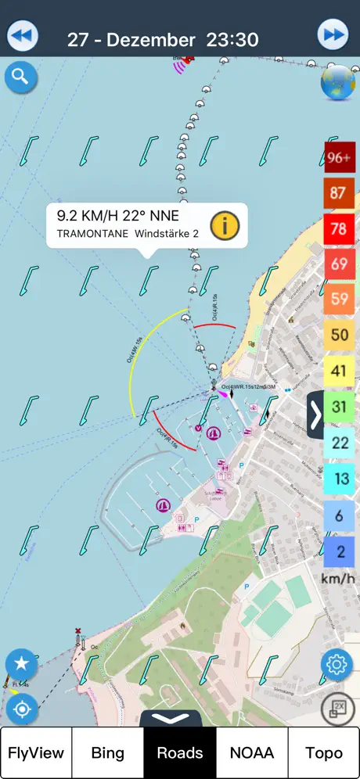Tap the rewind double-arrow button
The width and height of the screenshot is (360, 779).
pos(23,36)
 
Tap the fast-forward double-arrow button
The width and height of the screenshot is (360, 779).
pos(333,36)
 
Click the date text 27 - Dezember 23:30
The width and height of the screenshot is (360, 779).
pos(163,39)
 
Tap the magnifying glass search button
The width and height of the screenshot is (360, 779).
pos(20,77)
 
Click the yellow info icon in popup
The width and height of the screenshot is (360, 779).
pos(224,225)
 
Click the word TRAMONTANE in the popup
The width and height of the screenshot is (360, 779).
pos(92,233)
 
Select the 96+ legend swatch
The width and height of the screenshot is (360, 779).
pos(339,157)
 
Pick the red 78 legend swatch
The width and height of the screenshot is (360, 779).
pos(339,228)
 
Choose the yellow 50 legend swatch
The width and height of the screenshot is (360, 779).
pos(339,335)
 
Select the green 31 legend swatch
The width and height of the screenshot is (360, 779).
pos(339,407)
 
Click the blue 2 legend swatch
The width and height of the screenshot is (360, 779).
pos(339,551)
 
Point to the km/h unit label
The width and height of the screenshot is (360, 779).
pos(338,580)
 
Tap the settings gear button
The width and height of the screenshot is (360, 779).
pos(337,666)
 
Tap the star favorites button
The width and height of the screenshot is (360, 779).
pos(21,665)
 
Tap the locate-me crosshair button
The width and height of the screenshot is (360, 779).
pos(21,709)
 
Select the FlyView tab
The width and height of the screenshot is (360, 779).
pos(36,753)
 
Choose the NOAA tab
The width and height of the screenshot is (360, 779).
pos(252,753)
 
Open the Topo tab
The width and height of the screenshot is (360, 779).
pos(324,753)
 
